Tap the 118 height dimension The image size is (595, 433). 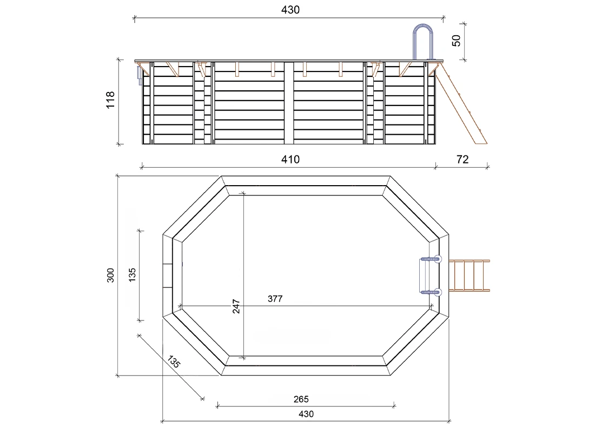click(x=111, y=101)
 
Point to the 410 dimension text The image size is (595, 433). click(x=290, y=159)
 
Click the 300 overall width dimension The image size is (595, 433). click(x=110, y=275)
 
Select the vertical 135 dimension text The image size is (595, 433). click(x=132, y=275)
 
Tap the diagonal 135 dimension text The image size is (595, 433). click(x=174, y=362)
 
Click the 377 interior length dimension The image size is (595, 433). click(x=275, y=299)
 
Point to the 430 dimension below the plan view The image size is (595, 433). click(x=306, y=414)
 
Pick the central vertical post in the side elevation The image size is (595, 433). click(x=289, y=103)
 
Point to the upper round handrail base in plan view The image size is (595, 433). click(x=437, y=259)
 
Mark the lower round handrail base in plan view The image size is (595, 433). click(x=437, y=292)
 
